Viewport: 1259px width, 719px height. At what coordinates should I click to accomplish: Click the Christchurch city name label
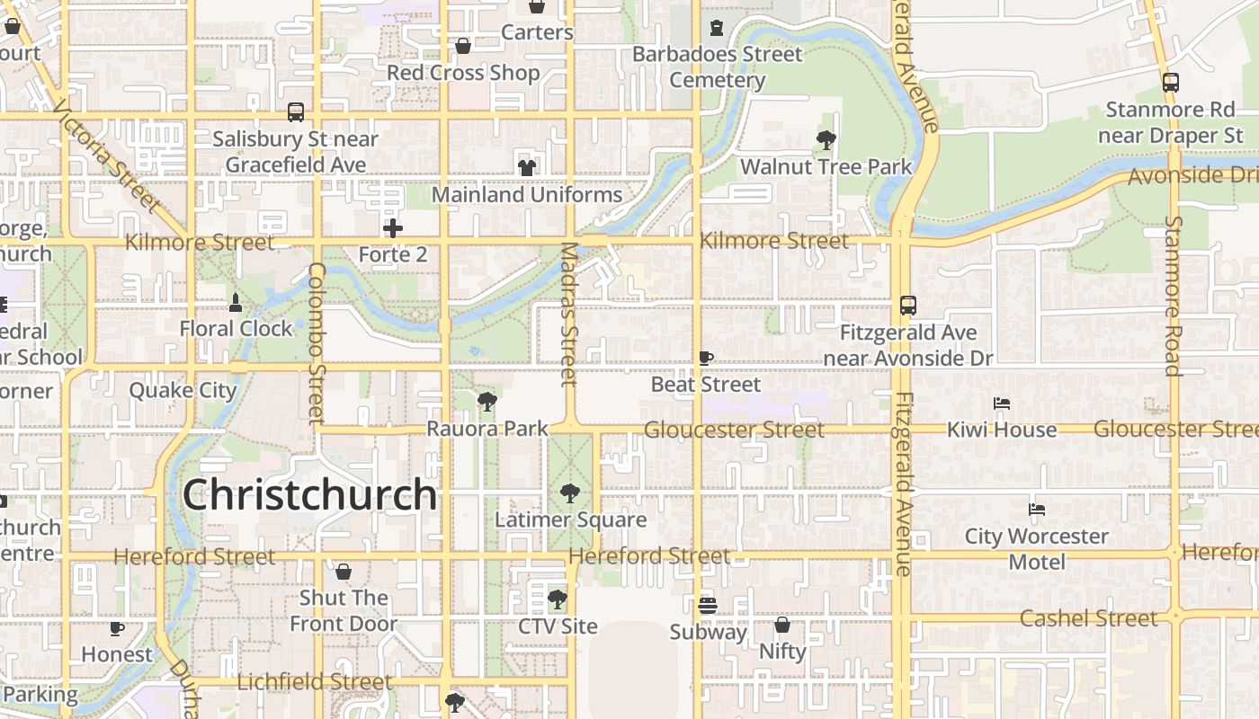[309, 495]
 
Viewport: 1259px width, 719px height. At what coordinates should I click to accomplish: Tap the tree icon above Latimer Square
[569, 493]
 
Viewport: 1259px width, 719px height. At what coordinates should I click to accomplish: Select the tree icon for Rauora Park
[487, 401]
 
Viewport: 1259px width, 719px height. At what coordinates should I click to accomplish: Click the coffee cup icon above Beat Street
[706, 358]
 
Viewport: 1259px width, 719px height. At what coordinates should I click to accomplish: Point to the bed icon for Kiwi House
[1002, 404]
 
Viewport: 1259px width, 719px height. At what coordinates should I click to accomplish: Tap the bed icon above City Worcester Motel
[1036, 510]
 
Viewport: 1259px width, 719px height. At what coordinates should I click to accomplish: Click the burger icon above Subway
[708, 605]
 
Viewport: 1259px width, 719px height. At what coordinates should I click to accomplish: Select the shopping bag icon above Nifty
[782, 624]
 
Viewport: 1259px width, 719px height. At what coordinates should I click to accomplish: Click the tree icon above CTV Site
[558, 599]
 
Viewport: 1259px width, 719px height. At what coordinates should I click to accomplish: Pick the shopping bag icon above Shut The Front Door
[344, 572]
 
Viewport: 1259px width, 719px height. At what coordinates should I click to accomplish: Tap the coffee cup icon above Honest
[117, 628]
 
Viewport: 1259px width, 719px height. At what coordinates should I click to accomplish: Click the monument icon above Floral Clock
[236, 302]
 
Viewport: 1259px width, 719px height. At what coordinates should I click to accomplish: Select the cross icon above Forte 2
[393, 228]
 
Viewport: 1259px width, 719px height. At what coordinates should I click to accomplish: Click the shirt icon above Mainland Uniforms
[527, 168]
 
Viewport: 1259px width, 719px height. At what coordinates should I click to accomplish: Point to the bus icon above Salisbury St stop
[296, 112]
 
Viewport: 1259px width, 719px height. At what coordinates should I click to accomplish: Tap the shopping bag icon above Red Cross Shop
[463, 46]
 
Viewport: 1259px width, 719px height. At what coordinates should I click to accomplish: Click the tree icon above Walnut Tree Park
[826, 140]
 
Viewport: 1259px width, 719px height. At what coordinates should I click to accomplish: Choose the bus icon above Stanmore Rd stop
[1170, 83]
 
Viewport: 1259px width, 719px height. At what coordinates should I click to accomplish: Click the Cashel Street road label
[1088, 618]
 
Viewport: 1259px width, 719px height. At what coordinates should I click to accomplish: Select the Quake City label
[183, 390]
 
